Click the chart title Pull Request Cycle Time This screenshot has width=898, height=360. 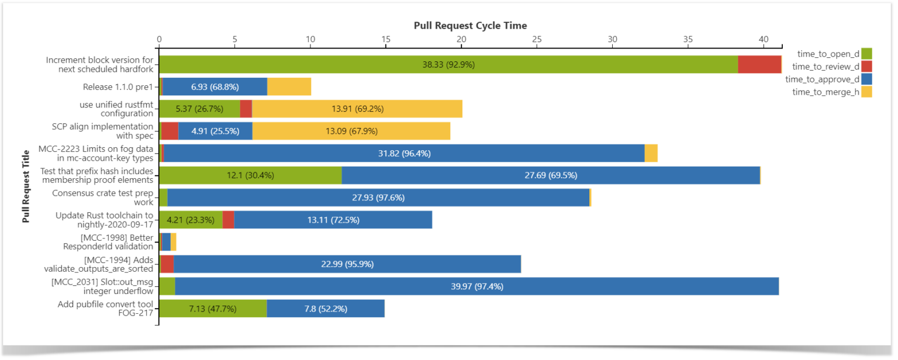470,26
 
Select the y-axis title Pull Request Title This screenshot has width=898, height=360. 26,186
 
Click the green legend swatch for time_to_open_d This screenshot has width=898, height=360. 866,54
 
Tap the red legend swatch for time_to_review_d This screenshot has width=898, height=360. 866,67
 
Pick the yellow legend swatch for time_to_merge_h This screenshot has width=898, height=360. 866,92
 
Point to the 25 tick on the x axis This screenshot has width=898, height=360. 537,39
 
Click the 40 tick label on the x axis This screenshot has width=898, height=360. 764,39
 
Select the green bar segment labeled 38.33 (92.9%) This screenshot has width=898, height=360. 448,64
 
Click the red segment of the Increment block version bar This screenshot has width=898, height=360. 759,64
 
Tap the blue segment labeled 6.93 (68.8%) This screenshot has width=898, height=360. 215,86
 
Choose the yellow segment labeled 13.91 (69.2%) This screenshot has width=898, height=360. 357,109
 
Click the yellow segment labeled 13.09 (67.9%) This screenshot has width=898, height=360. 351,131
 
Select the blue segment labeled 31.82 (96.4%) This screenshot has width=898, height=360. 404,153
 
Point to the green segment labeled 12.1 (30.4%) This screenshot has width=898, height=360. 250,175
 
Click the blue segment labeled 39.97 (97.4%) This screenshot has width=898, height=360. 476,286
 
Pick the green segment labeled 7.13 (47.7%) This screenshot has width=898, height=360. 213,309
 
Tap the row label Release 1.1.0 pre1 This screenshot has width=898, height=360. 118,86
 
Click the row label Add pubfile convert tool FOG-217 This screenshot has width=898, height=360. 105,309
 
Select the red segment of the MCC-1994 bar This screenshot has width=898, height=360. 167,264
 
